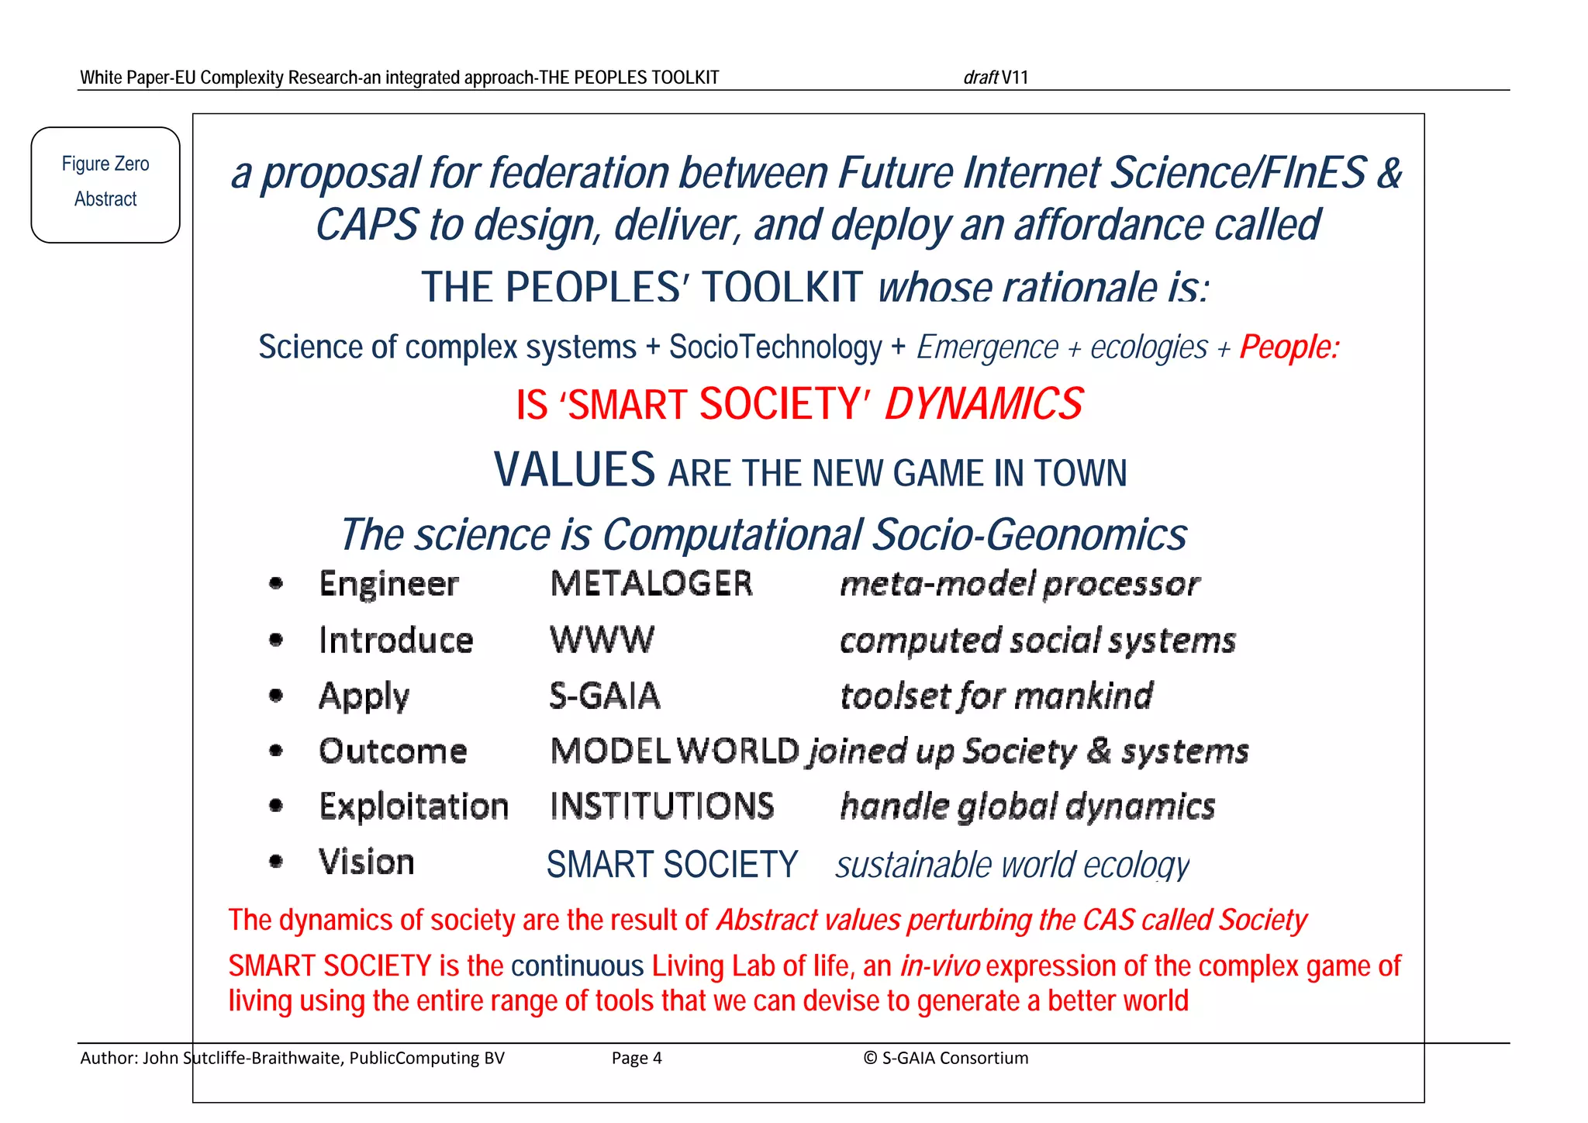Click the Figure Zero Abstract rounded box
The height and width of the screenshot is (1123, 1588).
[105, 185]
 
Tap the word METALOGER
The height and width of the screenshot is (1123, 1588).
[651, 584]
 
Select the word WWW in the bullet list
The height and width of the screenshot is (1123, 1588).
[602, 641]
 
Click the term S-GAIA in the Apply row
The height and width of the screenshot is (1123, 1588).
[605, 696]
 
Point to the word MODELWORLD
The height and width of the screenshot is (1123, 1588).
[675, 751]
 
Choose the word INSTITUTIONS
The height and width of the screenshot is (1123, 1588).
[662, 807]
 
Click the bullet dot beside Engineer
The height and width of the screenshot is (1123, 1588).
[276, 584]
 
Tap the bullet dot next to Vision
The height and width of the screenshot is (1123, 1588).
[276, 862]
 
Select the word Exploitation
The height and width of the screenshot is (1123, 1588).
[414, 807]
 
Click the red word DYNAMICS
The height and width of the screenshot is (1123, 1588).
[983, 405]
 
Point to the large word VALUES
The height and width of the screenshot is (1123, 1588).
[575, 470]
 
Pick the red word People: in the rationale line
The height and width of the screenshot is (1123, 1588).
[1289, 347]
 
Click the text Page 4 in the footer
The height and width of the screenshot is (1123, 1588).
[637, 1058]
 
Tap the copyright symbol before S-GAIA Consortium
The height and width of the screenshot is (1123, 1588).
[870, 1058]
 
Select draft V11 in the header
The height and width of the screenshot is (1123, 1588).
[996, 78]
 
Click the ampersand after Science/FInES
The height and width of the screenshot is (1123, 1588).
[1389, 172]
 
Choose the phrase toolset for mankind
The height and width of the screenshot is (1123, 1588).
[996, 696]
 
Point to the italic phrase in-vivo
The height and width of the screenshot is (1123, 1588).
[940, 966]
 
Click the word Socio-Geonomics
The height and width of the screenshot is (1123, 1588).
[1030, 535]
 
